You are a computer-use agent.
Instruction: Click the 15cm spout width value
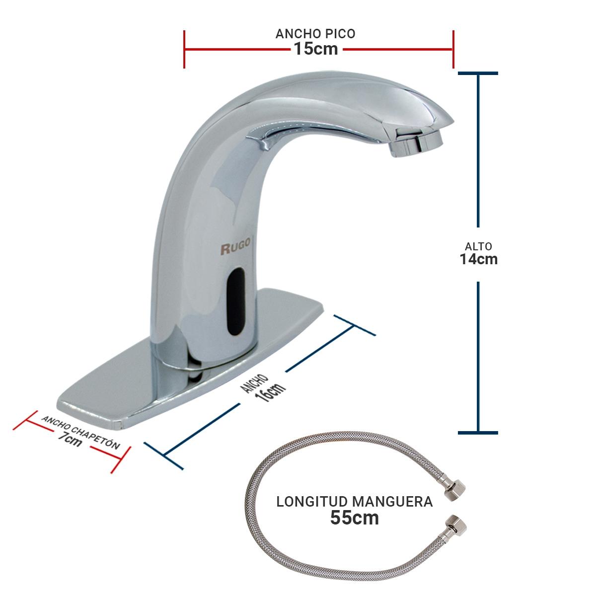[315, 49]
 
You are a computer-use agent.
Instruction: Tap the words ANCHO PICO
[315, 34]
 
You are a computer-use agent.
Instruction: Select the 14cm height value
[478, 259]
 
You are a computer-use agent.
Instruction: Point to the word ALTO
[478, 246]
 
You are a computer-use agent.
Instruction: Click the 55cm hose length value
[355, 518]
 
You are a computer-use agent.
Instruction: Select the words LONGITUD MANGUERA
[355, 502]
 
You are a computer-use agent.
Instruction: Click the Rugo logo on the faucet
[236, 248]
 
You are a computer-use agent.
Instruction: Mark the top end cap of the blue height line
[478, 74]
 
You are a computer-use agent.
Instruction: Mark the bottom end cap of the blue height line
[478, 433]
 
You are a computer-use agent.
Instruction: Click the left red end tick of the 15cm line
[184, 49]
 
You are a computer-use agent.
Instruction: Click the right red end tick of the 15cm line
[453, 49]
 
